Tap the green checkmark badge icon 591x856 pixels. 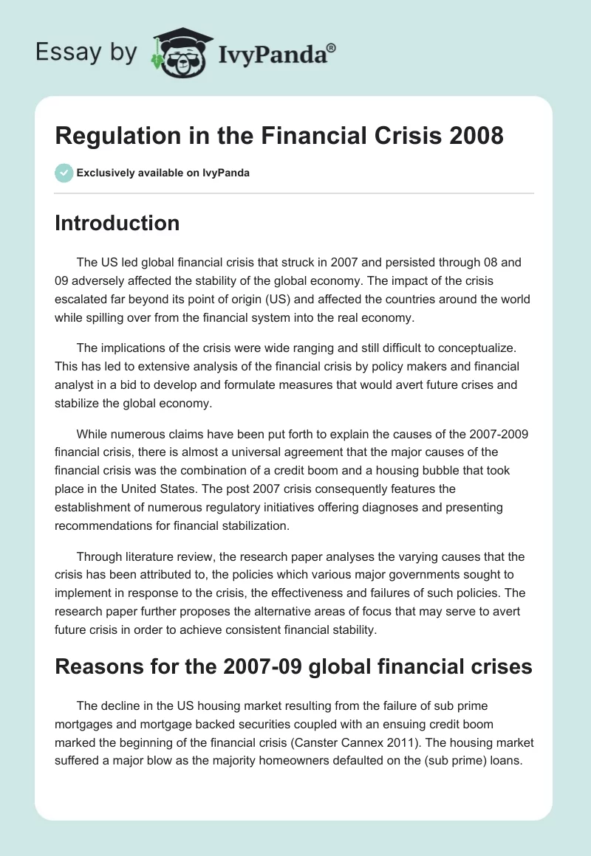point(64,173)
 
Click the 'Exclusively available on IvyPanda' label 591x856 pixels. point(163,173)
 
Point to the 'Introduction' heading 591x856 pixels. point(117,223)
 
